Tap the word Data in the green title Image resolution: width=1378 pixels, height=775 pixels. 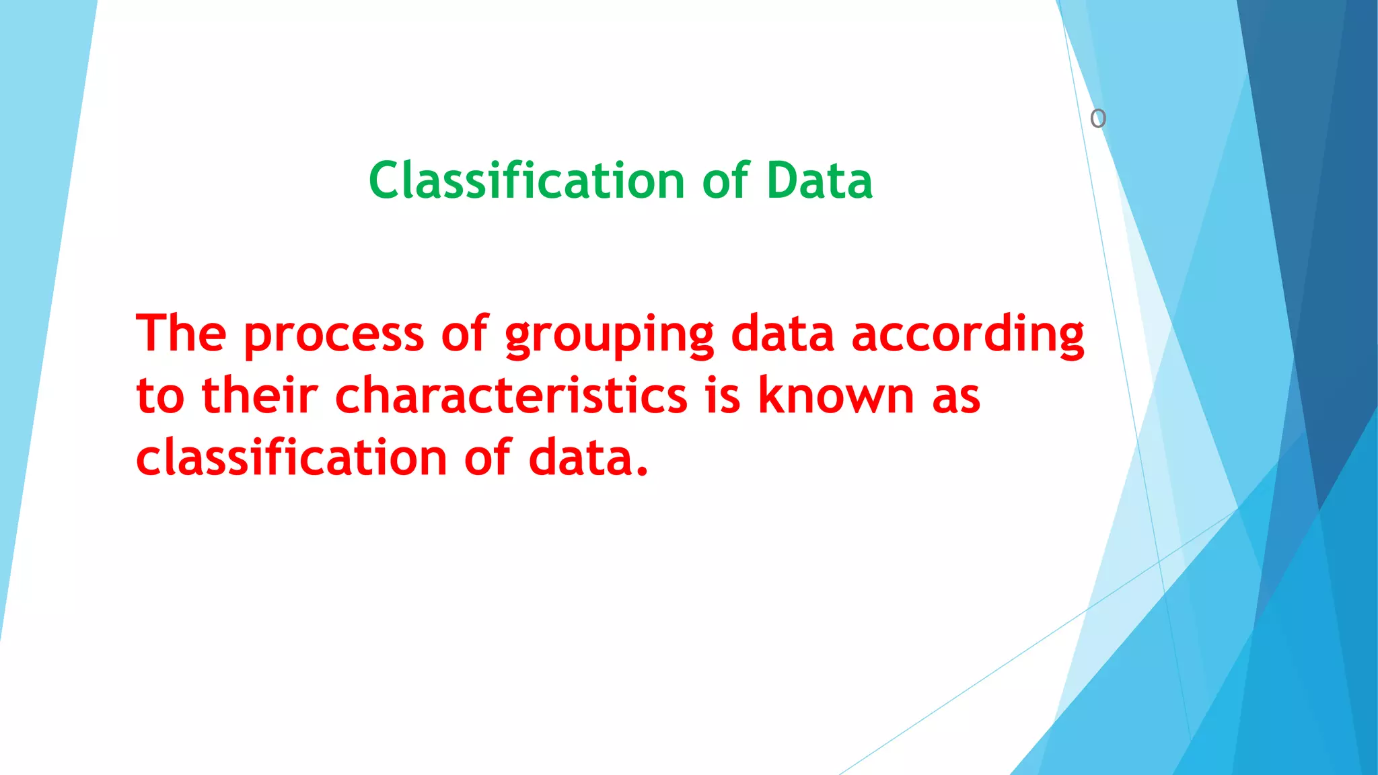coord(819,181)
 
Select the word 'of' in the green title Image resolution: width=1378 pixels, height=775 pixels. coord(725,181)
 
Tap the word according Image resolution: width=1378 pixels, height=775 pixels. coord(968,334)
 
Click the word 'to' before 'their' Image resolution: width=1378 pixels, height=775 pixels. coord(160,396)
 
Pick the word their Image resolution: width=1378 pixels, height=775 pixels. coord(259,395)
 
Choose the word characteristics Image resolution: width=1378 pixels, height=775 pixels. coord(511,396)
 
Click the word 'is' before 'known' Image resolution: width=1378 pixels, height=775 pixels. coord(723,396)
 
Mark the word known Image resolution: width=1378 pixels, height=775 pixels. coord(836,395)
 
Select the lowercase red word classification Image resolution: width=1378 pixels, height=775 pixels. coord(291,457)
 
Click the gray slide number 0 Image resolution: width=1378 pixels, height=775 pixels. coord(1097,119)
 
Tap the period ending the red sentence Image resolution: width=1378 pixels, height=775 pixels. coord(642,471)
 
